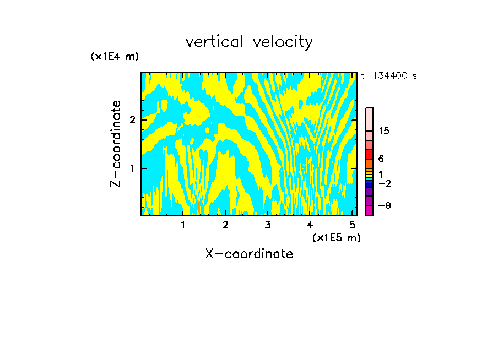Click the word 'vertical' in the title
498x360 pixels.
pyautogui.click(x=215, y=42)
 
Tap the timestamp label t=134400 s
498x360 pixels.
pyautogui.click(x=389, y=76)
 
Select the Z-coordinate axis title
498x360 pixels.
pyautogui.click(x=116, y=144)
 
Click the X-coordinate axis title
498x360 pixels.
pyautogui.click(x=249, y=254)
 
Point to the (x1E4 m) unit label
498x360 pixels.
pyautogui.click(x=115, y=57)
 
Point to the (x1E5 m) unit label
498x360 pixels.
pyautogui.click(x=336, y=237)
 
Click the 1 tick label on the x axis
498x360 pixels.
pyautogui.click(x=183, y=225)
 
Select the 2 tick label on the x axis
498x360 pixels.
pyautogui.click(x=225, y=225)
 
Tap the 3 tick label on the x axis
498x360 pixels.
pyautogui.click(x=268, y=225)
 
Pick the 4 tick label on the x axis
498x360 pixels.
pyautogui.click(x=310, y=225)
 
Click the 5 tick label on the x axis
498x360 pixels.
pyautogui.click(x=352, y=225)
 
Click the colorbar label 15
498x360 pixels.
pyautogui.click(x=384, y=131)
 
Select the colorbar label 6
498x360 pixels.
pyautogui.click(x=381, y=159)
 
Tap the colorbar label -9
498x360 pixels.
pyautogui.click(x=384, y=205)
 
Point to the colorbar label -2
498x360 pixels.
pyautogui.click(x=384, y=183)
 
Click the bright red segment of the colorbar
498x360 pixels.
pyautogui.click(x=370, y=154)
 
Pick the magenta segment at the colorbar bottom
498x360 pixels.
pyautogui.click(x=370, y=210)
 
